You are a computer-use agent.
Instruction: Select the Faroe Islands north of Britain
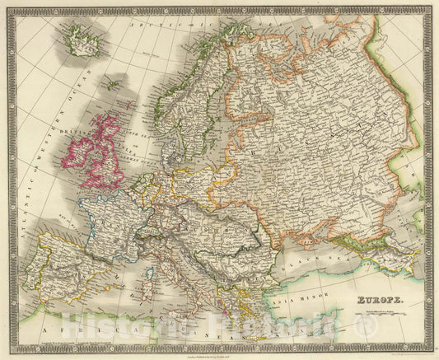(x=110, y=83)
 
